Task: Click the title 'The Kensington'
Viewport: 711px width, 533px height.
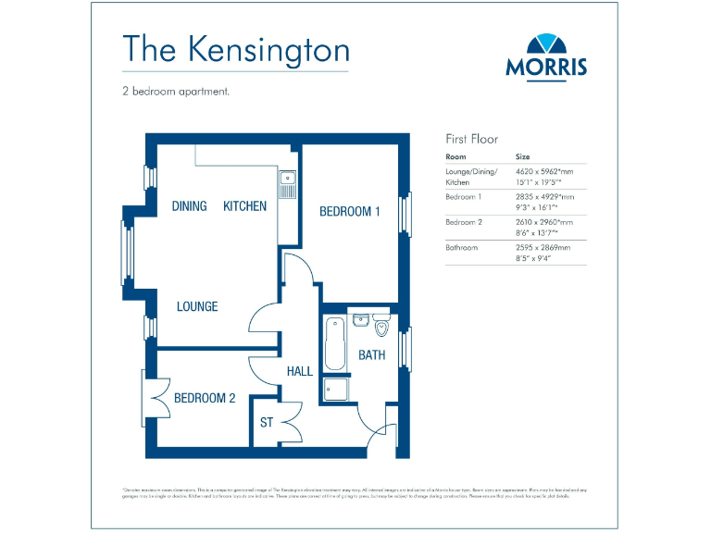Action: pos(236,49)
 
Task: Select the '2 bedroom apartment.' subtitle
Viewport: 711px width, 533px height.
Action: pos(175,92)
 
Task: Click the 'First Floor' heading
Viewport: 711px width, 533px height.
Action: pos(472,139)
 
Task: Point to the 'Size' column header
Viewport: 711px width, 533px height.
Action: pos(523,157)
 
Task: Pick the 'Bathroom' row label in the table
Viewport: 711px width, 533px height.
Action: pos(462,248)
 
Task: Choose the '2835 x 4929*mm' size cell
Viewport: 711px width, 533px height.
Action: pos(544,197)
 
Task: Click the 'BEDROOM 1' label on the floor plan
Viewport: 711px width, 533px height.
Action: pos(350,211)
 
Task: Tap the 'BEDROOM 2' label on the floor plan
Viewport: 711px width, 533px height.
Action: pos(205,398)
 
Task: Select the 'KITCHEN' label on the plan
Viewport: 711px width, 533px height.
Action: pos(244,205)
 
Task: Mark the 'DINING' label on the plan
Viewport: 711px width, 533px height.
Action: pos(190,205)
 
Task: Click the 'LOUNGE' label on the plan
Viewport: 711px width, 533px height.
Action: pos(197,305)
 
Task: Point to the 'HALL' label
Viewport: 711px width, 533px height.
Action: pos(299,371)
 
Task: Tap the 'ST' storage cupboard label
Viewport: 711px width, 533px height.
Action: pos(267,422)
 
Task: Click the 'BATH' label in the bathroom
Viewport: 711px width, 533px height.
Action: pos(372,354)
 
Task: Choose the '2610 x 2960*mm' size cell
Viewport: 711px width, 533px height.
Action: pos(544,223)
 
